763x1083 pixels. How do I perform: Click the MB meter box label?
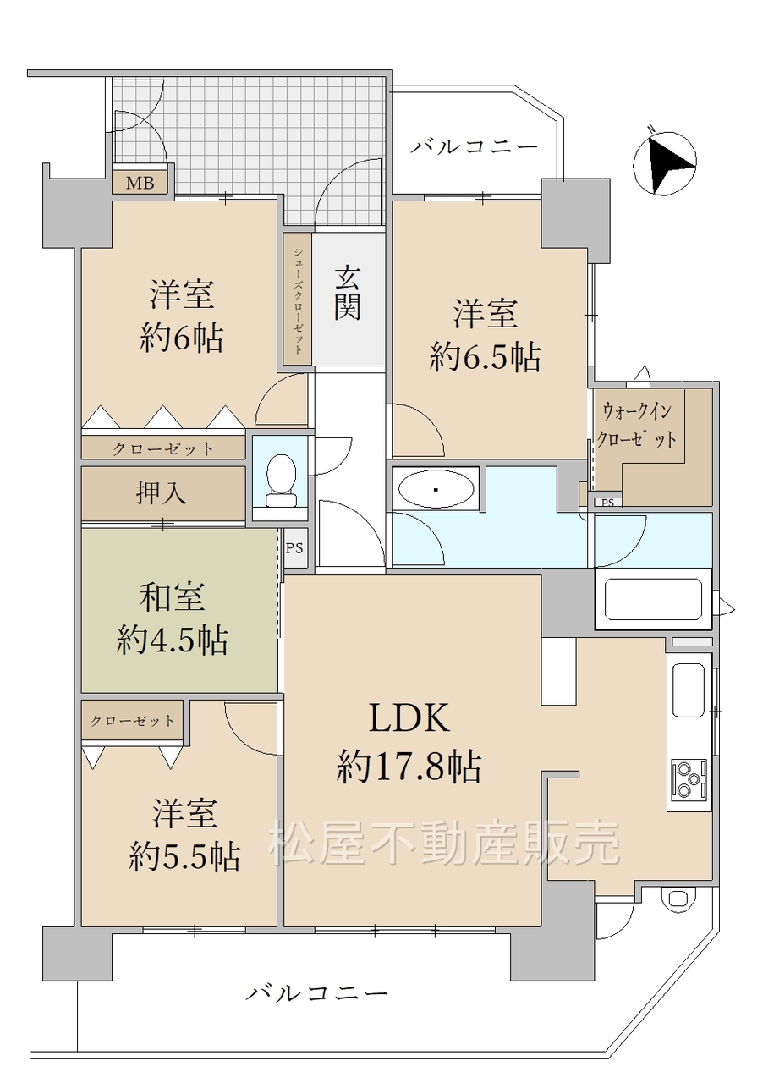coord(140,184)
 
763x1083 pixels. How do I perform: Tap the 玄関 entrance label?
coord(347,294)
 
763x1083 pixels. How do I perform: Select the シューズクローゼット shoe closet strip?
coord(298,300)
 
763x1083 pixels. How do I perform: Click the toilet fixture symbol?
coord(282,481)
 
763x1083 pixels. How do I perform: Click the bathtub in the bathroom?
coord(653,599)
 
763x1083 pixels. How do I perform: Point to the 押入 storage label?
coord(161,493)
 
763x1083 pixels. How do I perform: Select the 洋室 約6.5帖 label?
coord(485,335)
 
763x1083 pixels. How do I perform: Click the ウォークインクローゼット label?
coord(636,426)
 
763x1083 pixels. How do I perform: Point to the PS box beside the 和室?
coord(295,548)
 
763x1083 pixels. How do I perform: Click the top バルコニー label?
coord(475,146)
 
